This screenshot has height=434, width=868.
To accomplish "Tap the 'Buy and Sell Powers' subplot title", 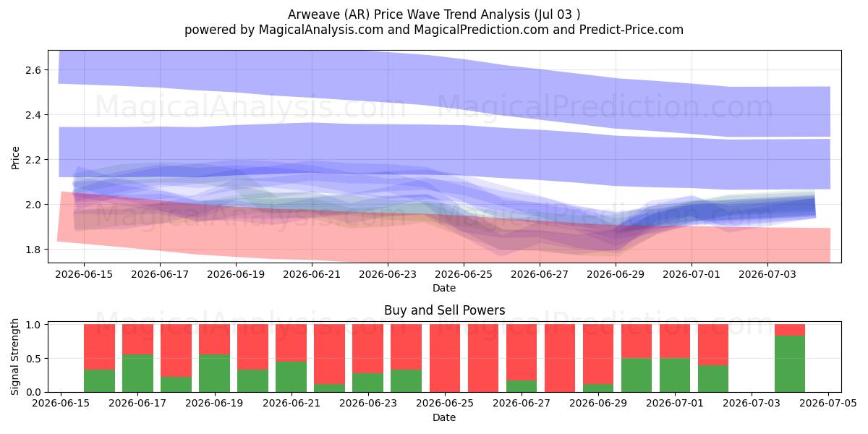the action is pos(444,310).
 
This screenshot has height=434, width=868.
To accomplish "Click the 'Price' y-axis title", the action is pos(15,158).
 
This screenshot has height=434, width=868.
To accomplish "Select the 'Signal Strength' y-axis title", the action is pos(14,357).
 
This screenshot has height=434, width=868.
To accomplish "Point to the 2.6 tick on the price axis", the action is pos(33,70).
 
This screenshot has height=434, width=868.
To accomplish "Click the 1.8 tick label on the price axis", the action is pos(33,250).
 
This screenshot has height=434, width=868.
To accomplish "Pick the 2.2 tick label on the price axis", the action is pos(33,160).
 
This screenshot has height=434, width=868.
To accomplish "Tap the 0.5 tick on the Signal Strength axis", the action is pos(33,359).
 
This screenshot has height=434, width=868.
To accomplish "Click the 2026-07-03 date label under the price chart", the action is pos(767,274).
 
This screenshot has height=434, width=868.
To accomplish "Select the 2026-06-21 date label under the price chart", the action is pos(312,274).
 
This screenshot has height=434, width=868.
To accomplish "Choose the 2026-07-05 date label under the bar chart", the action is pos(828,403).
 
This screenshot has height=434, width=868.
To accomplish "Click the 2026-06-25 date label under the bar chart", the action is pos(445,403).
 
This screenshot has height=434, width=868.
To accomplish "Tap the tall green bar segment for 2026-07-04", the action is pos(790,364).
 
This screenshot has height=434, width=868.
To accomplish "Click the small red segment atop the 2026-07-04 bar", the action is pos(790,330).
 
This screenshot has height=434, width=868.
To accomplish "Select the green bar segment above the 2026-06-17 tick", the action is pos(137,373).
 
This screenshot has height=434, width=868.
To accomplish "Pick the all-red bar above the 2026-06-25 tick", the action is pos(444,358).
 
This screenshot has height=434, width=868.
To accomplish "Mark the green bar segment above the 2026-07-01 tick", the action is pos(675,375).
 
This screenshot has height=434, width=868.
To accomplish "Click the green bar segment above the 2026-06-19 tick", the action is pos(214,373).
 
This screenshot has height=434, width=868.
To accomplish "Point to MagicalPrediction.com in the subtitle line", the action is pos(481,30).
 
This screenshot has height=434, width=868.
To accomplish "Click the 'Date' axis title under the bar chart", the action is pos(444,417).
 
